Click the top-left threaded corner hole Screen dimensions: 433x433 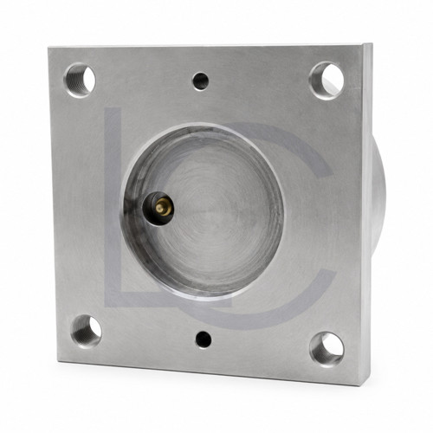tap(80, 81)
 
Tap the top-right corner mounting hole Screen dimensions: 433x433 tap(326, 81)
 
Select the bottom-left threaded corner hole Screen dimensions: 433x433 tap(86, 331)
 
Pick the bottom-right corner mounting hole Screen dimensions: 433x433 tap(327, 349)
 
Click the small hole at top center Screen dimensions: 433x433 tap(201, 81)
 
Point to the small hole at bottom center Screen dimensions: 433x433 tap(204, 339)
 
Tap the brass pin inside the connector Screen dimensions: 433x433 tap(162, 207)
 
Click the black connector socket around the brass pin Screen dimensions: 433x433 tap(158, 207)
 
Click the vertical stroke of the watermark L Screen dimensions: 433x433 tap(113, 202)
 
